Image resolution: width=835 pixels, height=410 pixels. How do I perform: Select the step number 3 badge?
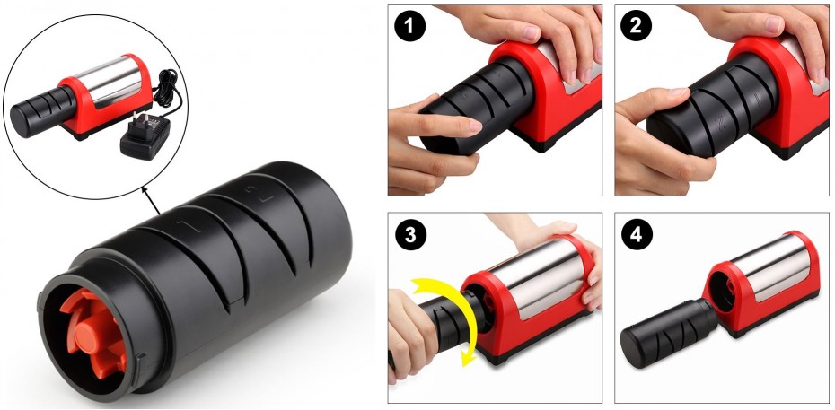410,235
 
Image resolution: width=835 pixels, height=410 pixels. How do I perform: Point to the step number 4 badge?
637,235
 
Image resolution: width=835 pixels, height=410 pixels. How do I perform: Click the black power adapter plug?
145,136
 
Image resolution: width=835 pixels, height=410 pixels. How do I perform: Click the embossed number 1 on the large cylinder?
190,225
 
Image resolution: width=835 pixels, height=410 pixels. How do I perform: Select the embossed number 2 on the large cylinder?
259,193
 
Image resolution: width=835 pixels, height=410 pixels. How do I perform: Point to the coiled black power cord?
169,91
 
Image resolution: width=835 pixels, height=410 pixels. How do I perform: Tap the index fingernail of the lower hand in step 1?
473,126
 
